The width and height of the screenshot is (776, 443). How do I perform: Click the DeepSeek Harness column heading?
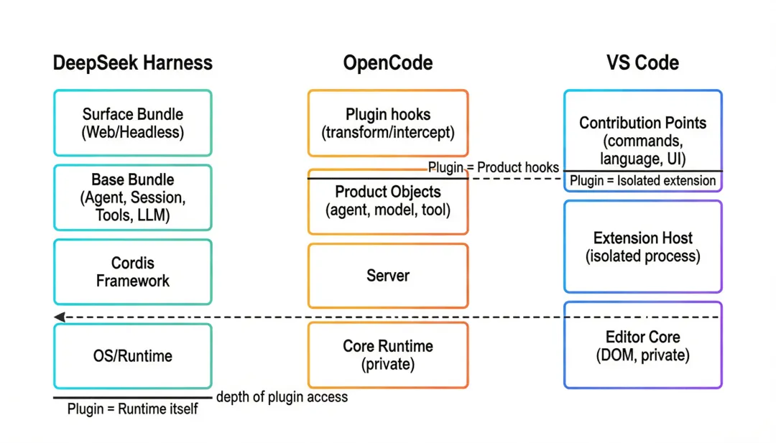[133, 63]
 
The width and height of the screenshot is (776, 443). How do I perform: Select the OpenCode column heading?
[388, 62]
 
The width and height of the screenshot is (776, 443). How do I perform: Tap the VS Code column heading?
[642, 62]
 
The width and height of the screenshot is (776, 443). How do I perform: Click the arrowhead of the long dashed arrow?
[60, 317]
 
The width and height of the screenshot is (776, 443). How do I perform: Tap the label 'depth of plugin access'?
[282, 397]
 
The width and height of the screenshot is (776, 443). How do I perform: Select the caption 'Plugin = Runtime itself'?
[133, 409]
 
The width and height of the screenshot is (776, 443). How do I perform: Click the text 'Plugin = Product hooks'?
[494, 167]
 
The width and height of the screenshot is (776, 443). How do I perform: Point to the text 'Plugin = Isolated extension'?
[643, 180]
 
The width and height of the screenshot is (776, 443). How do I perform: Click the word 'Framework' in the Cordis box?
[133, 281]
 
